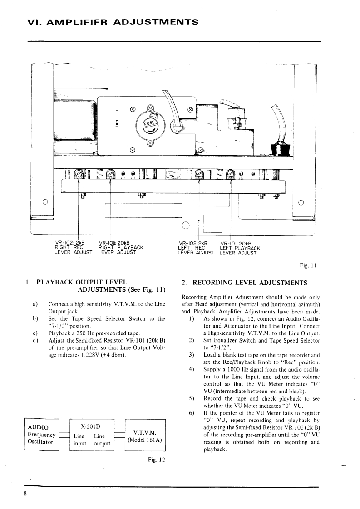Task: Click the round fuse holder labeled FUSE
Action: point(149,124)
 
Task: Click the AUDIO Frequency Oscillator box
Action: point(41,435)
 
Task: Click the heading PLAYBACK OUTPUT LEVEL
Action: point(81,282)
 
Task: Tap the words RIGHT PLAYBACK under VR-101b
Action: point(121,247)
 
